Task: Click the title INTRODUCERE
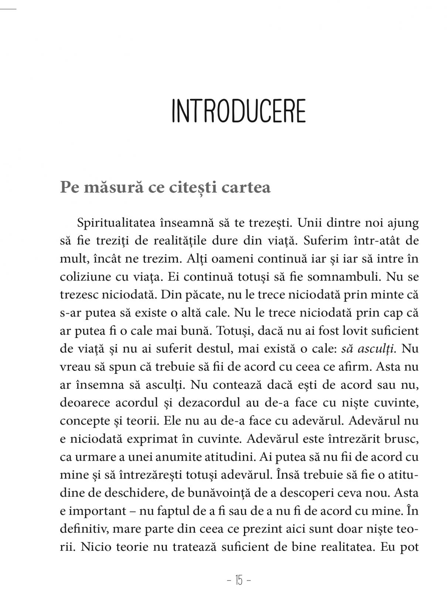click(239, 111)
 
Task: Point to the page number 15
click(238, 581)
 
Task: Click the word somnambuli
click(349, 277)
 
